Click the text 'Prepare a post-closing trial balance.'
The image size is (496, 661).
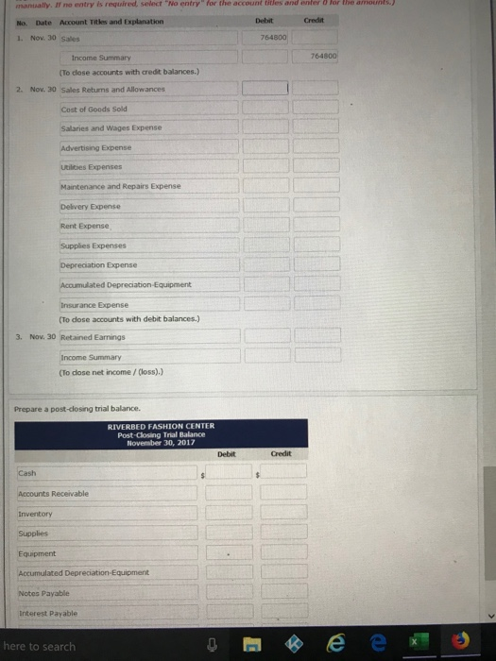click(x=77, y=407)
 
